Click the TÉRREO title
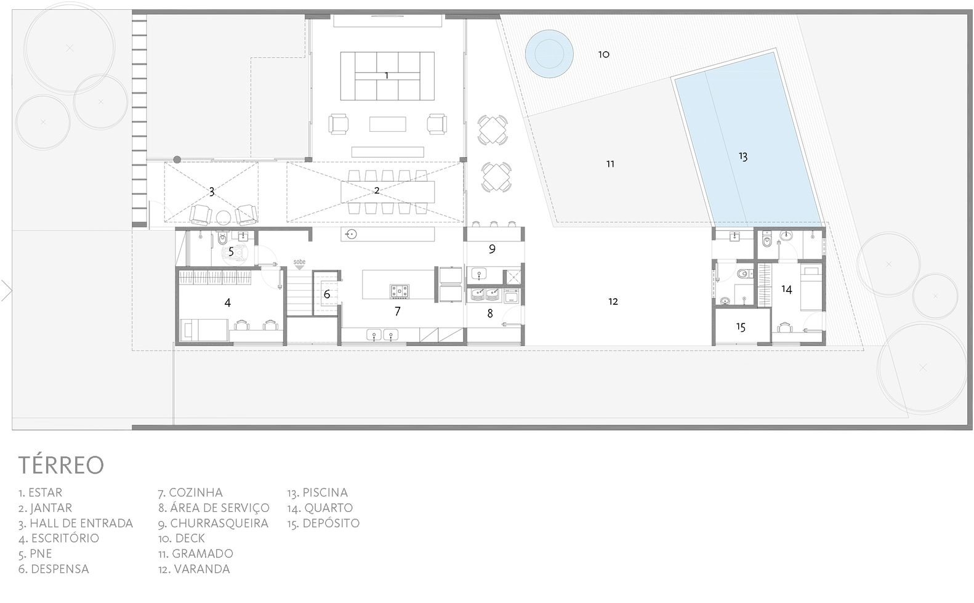pyautogui.click(x=61, y=465)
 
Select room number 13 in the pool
pyautogui.click(x=743, y=156)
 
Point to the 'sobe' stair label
pyautogui.click(x=299, y=262)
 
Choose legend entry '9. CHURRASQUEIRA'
pyautogui.click(x=213, y=523)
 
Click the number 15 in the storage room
pyautogui.click(x=741, y=327)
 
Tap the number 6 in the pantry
pyautogui.click(x=327, y=294)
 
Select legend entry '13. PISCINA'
pyautogui.click(x=317, y=493)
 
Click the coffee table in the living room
pyautogui.click(x=388, y=124)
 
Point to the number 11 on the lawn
pyautogui.click(x=610, y=164)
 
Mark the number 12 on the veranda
pyautogui.click(x=613, y=301)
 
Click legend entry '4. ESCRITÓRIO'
pyautogui.click(x=58, y=538)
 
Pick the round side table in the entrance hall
pyautogui.click(x=222, y=217)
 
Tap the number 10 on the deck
pyautogui.click(x=604, y=54)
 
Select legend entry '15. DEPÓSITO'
pyautogui.click(x=323, y=523)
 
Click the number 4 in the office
pyautogui.click(x=228, y=302)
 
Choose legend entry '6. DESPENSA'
pyautogui.click(x=54, y=569)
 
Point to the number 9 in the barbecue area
pyautogui.click(x=492, y=249)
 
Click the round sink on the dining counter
pyautogui.click(x=351, y=234)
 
